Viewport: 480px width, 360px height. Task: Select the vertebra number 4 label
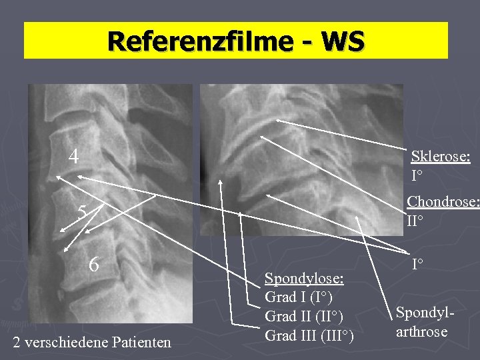pos(75,157)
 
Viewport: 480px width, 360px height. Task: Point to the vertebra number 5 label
pos(82,212)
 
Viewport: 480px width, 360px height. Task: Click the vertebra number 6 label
pos(95,264)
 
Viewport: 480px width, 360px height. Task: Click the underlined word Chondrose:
pos(443,201)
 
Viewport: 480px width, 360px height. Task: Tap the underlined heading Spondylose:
pos(304,277)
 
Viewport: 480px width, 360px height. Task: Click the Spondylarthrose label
pos(421,321)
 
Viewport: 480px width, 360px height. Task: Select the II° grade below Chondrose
pos(415,220)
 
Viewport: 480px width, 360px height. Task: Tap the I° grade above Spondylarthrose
pos(419,265)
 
